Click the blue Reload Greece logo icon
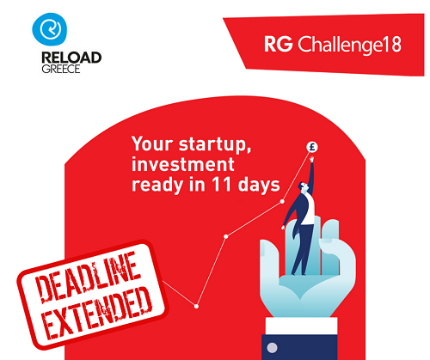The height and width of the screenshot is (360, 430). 50,29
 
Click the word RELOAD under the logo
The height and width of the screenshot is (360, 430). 71,58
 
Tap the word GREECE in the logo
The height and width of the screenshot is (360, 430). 61,69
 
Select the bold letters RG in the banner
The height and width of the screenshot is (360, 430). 279,44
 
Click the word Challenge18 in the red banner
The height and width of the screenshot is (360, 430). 349,45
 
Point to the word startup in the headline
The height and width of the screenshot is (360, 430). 215,144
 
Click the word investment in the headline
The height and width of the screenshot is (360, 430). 183,165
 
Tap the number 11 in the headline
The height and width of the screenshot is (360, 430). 221,185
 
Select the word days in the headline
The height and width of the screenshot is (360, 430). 259,186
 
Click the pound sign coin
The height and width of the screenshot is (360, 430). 312,147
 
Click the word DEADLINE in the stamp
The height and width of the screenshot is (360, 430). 89,277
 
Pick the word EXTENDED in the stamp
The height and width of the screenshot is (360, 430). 98,314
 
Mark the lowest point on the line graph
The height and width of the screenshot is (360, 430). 196,306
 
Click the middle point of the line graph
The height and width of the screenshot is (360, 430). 226,236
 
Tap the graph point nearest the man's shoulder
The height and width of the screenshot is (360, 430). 282,201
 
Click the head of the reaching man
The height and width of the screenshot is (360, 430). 303,186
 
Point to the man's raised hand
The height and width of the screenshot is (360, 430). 312,159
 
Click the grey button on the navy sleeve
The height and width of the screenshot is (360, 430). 272,348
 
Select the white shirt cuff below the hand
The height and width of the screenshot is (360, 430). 301,326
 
